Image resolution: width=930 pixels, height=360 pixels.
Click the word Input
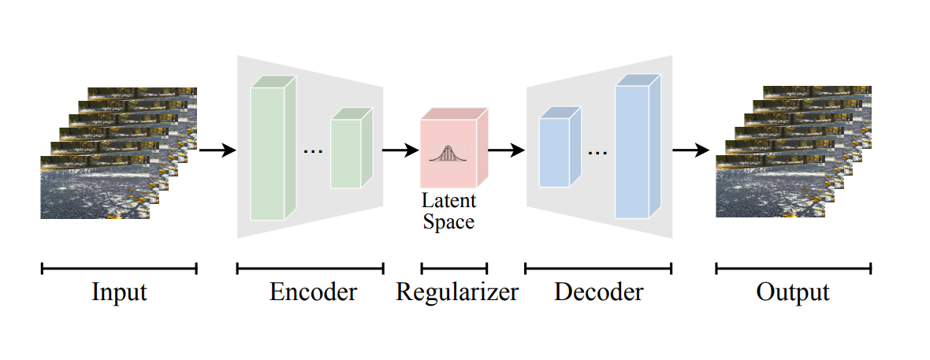(119, 292)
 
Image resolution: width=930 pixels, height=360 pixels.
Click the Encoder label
(313, 292)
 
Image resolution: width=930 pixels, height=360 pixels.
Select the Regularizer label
(457, 292)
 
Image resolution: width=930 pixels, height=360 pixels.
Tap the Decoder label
(599, 292)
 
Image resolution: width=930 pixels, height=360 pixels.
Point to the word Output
(793, 292)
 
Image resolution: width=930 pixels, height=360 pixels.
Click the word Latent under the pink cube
(448, 201)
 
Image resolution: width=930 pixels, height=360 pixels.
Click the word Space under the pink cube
(448, 221)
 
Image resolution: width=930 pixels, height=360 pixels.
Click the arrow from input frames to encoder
(218, 150)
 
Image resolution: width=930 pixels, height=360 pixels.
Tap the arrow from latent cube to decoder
(507, 150)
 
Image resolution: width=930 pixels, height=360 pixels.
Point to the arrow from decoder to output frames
(692, 150)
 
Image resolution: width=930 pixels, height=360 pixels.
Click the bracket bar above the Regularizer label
(454, 269)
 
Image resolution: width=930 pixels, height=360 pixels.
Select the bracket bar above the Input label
(119, 269)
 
